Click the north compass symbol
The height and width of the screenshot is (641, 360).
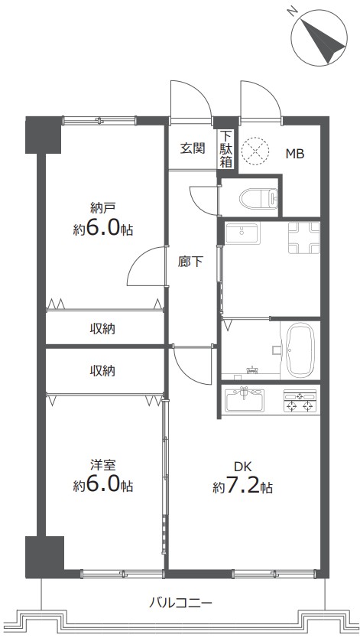tap(320, 37)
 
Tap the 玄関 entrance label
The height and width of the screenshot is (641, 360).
tap(193, 148)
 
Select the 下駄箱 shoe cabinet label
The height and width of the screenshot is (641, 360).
tap(226, 148)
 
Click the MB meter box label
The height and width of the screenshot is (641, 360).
tap(294, 154)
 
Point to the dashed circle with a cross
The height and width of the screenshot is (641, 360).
tap(255, 150)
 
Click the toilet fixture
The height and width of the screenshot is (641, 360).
tap(259, 198)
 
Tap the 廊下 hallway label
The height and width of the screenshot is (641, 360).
tap(190, 262)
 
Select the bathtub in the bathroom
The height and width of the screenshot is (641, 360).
tap(300, 350)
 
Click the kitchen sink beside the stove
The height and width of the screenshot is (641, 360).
tap(245, 399)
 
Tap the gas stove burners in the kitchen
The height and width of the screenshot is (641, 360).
tap(300, 400)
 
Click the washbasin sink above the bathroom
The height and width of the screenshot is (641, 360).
tap(242, 233)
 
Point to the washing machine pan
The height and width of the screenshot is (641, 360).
tap(304, 238)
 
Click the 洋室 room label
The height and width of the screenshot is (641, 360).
tap(103, 465)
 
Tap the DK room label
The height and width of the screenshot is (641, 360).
tap(243, 466)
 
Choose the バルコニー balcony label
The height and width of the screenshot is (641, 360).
tap(180, 602)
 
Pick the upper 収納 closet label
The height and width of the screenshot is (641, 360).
tap(102, 328)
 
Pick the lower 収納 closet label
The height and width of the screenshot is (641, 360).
tap(102, 371)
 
